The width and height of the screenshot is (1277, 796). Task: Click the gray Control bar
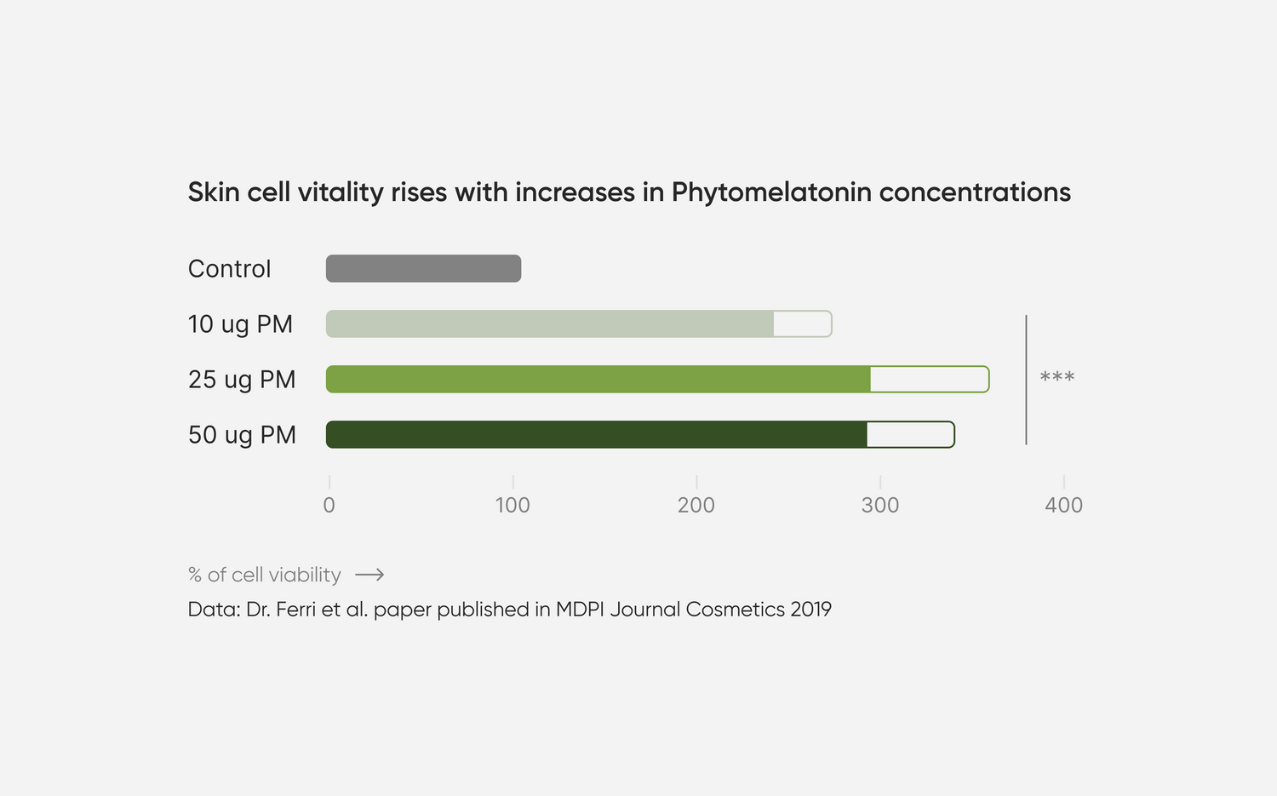coord(423,268)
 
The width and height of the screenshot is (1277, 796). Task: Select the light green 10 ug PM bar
coord(550,324)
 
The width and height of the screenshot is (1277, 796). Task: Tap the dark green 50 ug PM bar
coord(596,434)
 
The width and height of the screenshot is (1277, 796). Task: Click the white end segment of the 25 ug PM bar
coord(929,379)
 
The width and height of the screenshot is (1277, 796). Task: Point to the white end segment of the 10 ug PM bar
coord(802,324)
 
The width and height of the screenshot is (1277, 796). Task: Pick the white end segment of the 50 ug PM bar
coord(909,434)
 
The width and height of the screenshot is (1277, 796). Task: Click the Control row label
coord(229,269)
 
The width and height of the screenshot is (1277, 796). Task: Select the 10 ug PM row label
coord(240,324)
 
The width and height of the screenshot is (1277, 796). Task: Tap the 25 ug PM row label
coord(242,380)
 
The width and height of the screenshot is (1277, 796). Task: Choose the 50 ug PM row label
coord(242,435)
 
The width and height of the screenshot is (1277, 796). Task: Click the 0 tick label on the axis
coord(329,505)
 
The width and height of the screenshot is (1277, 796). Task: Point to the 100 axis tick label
coord(513,505)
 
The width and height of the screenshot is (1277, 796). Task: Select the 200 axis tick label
coord(696,505)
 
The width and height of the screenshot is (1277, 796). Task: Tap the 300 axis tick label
coord(880,505)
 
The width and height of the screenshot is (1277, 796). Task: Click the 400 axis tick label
coord(1063,505)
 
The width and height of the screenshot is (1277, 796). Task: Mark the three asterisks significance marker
coord(1057,376)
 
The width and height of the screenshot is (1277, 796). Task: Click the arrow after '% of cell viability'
coord(369,575)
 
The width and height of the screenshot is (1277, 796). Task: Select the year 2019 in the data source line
coord(810,610)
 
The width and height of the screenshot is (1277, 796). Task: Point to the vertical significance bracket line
coord(1026,380)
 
